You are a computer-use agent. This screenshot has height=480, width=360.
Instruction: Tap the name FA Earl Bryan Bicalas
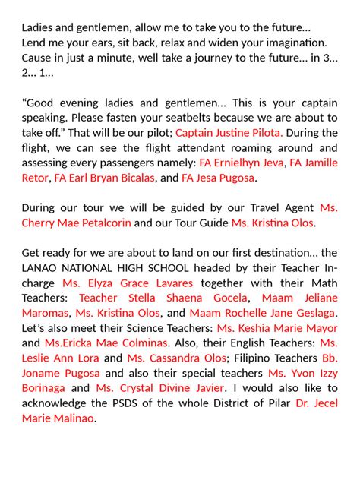pyautogui.click(x=103, y=178)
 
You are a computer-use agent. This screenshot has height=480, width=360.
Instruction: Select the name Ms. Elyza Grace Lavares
pyautogui.click(x=127, y=283)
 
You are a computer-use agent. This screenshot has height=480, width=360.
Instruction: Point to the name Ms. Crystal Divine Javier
pyautogui.click(x=161, y=387)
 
